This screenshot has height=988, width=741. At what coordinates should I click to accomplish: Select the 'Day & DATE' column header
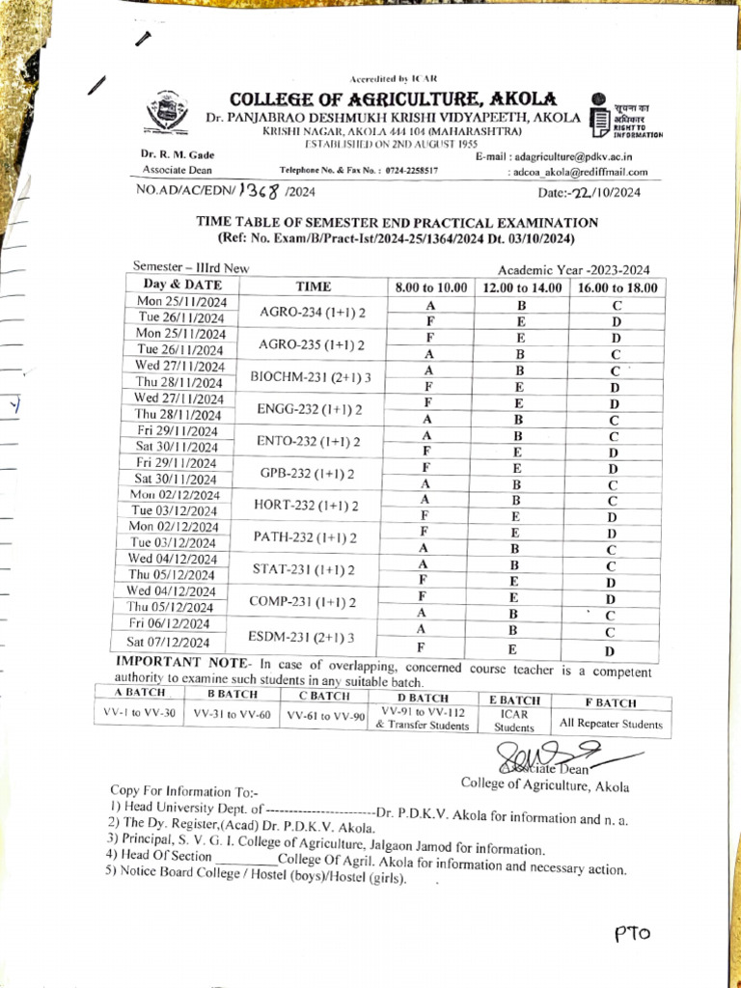182,285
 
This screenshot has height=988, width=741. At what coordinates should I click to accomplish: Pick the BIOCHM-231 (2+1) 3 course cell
311,375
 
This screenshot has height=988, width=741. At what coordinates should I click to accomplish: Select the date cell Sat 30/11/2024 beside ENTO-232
177,447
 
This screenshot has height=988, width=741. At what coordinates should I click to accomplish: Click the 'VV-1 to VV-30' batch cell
140,714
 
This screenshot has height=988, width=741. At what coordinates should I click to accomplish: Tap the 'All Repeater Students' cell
608,724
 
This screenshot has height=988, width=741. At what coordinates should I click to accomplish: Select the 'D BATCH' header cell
423,697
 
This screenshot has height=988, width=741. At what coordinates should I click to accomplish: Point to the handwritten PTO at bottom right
633,933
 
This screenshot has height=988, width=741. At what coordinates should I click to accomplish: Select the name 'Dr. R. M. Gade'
177,154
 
